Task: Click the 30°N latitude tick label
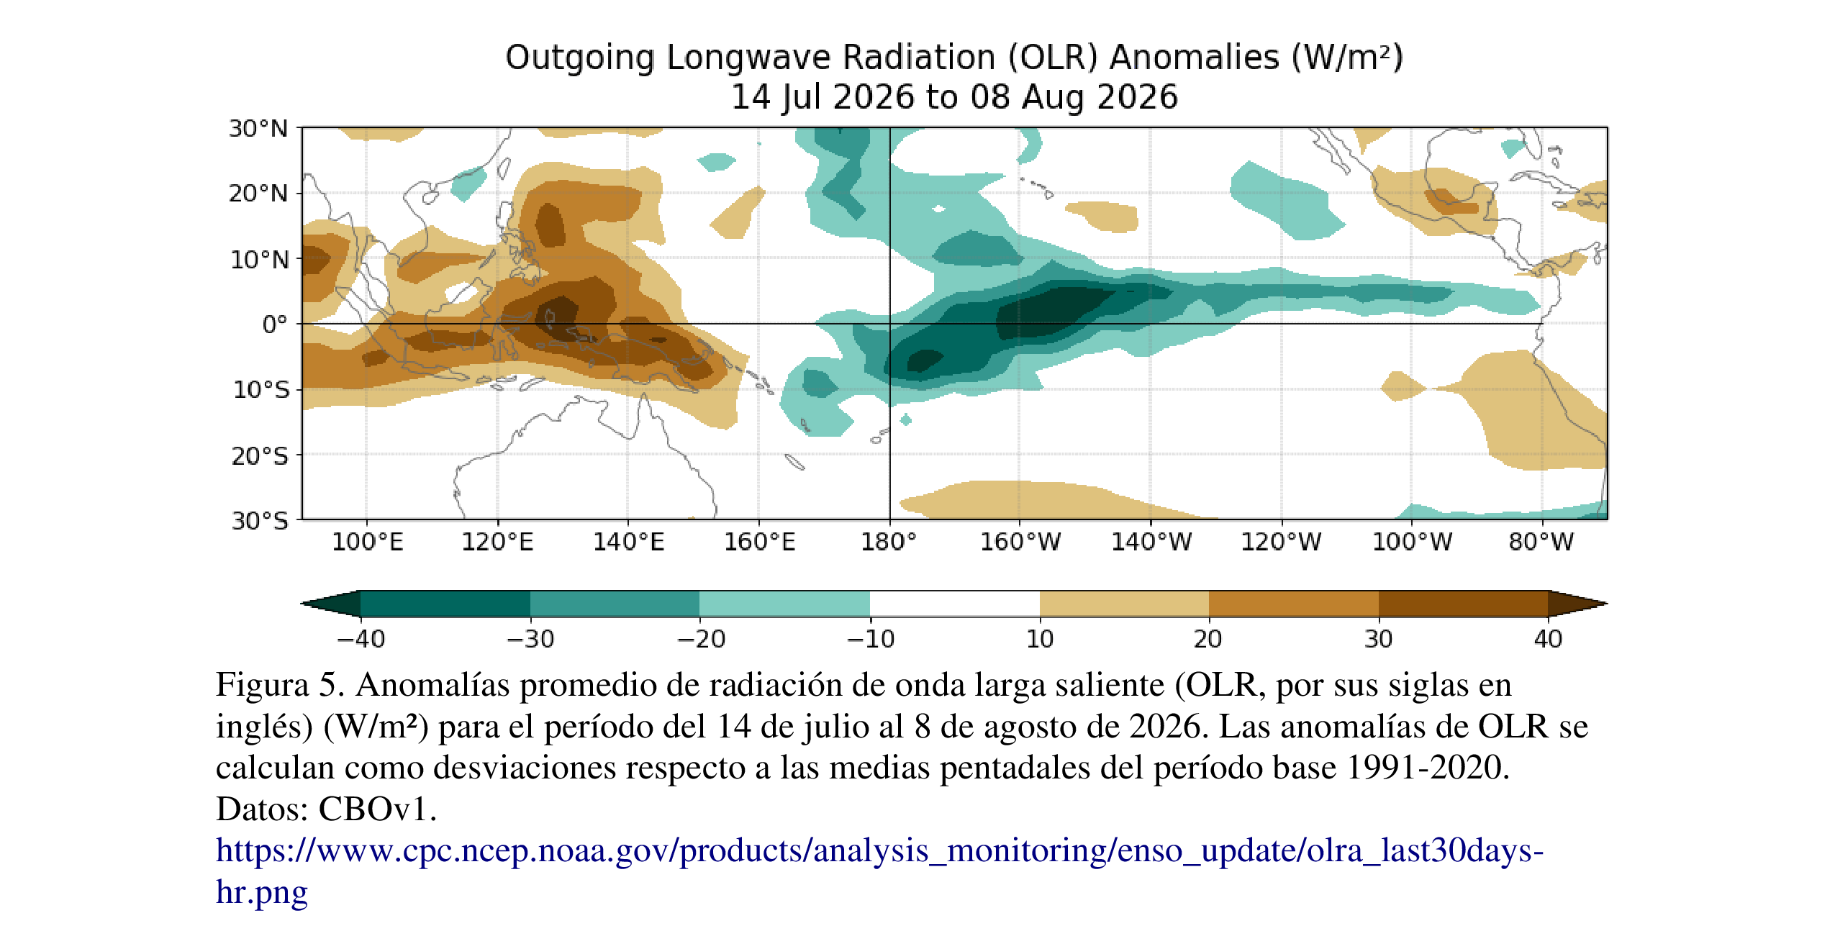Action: coord(258,129)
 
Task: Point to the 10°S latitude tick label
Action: coord(260,390)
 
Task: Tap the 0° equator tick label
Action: coord(274,324)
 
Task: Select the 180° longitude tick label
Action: coord(889,541)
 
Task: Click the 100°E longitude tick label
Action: coord(367,541)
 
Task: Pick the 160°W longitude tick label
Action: coord(1020,541)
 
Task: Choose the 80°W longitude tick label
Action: coord(1541,541)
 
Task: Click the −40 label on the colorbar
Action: coord(361,639)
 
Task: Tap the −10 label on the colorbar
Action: coord(870,639)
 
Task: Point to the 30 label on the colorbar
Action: coord(1379,639)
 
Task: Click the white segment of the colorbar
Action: coord(955,604)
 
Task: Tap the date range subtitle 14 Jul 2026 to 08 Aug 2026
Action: coord(955,97)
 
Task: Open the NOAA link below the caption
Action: coord(879,871)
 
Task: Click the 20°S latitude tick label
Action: coord(260,456)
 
